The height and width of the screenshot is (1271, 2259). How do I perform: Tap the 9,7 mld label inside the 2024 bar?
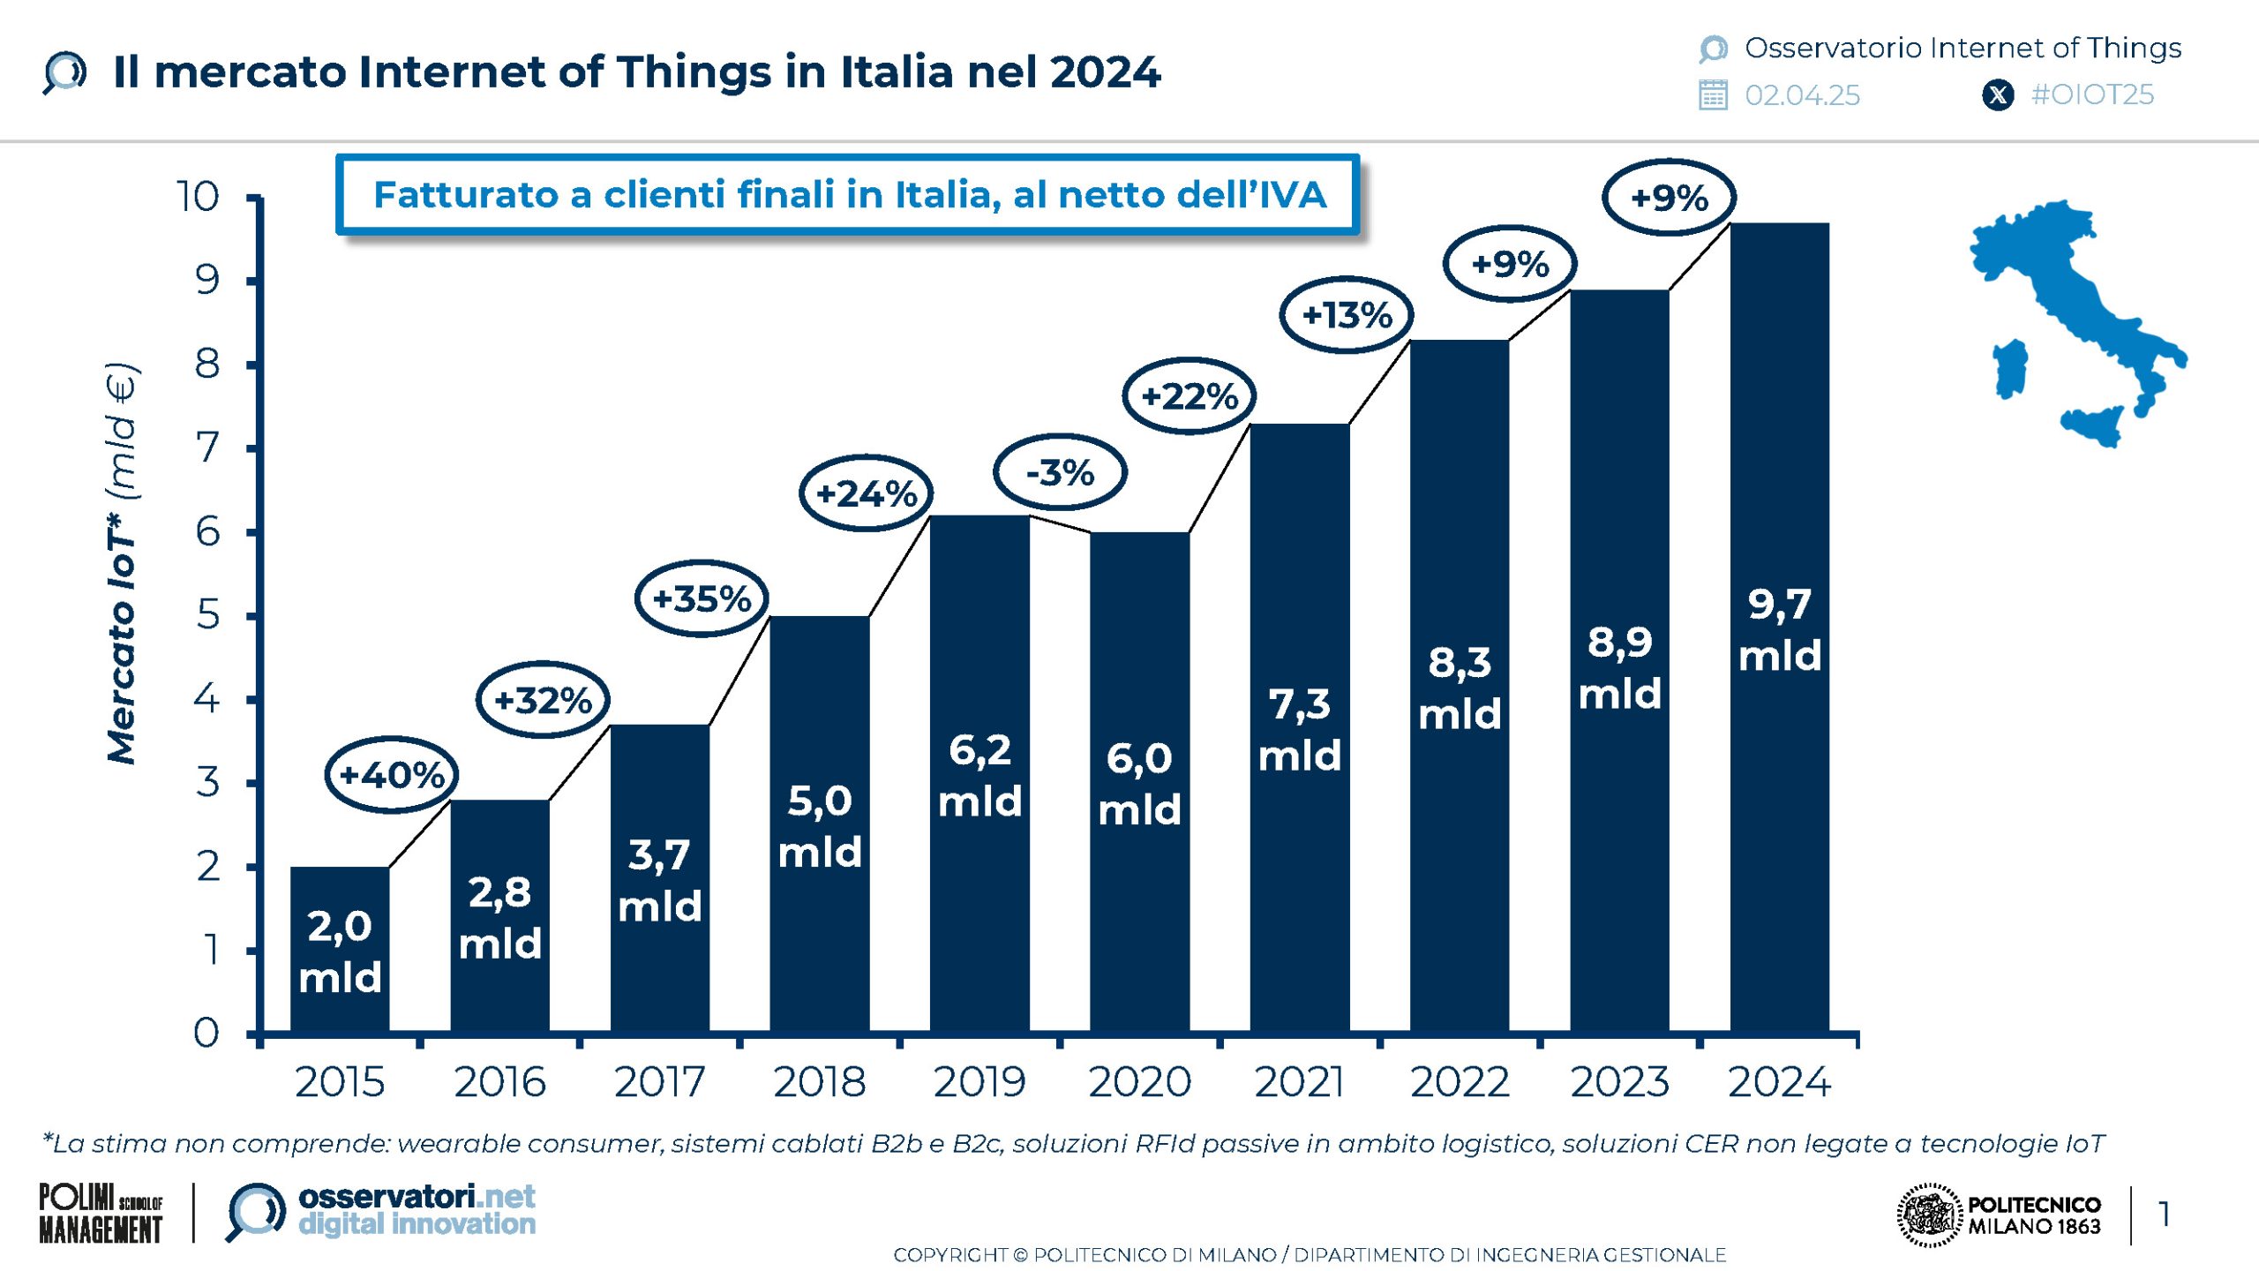pos(1780,630)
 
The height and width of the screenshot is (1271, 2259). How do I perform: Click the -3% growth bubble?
pos(1060,472)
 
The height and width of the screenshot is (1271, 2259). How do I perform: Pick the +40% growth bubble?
pos(392,775)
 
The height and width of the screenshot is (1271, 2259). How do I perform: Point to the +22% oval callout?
pos(1190,396)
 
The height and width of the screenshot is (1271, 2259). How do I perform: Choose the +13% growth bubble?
pos(1347,315)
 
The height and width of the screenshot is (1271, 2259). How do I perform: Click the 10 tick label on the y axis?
pos(198,196)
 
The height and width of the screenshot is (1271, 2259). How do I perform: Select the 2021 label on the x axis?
pos(1299,1082)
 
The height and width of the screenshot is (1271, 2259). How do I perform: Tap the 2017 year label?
pos(659,1082)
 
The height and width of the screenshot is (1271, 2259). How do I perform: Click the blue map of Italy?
pos(2083,300)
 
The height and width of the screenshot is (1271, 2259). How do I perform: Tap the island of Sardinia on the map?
pos(2011,369)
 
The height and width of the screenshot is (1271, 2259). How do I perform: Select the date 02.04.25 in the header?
pos(1802,95)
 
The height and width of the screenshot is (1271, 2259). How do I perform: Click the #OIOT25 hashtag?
pos(2092,94)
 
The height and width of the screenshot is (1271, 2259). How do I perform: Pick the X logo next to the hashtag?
pos(1998,94)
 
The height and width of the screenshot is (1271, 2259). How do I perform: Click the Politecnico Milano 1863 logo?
pos(2000,1215)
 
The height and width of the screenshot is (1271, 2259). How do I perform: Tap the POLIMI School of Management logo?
pos(101,1214)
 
